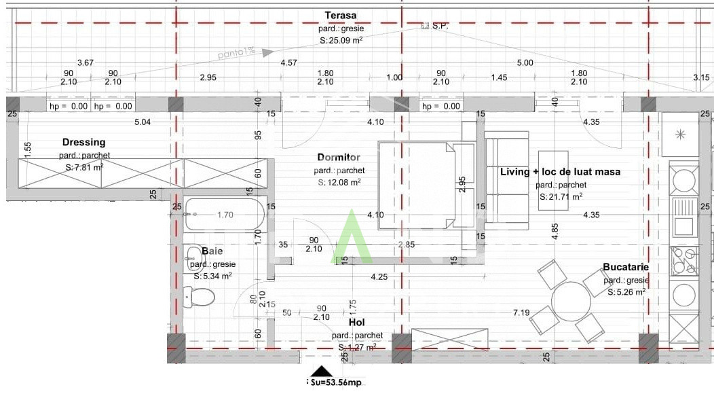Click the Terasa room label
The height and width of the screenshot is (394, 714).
click(340, 16)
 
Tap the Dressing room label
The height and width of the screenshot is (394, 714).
click(83, 143)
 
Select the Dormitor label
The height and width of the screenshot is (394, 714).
click(339, 158)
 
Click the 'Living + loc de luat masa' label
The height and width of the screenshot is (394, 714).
click(560, 172)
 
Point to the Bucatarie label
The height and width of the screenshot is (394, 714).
click(626, 268)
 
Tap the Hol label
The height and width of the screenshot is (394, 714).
click(357, 323)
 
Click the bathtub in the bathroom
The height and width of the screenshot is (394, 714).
click(223, 215)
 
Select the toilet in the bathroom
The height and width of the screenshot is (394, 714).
click(200, 297)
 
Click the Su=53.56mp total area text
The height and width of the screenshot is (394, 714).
click(337, 383)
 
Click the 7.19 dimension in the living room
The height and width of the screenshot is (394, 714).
click(521, 312)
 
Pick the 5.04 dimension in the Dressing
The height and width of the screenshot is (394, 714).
click(142, 122)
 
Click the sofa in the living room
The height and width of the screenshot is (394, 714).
click(506, 180)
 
